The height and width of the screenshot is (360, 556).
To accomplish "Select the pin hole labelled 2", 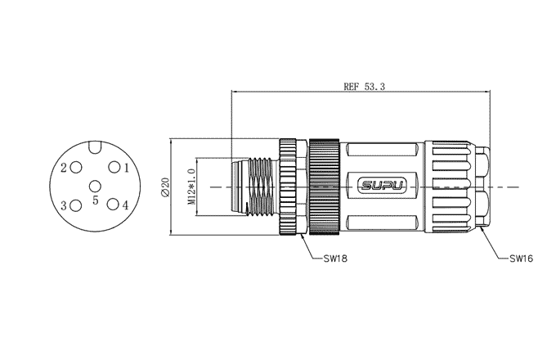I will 76,168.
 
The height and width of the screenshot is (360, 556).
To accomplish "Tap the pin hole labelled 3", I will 76,205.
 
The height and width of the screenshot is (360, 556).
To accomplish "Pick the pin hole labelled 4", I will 114,205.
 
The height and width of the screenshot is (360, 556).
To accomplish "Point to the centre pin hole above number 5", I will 95,187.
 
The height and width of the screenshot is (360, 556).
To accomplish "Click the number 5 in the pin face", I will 96,200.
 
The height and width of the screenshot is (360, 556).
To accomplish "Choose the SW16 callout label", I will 522,259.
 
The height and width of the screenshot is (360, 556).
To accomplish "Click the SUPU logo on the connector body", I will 383,187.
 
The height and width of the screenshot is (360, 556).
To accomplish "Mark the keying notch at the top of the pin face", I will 95,147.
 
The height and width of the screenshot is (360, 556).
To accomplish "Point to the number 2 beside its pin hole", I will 64,168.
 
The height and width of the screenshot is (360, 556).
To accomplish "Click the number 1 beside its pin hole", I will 127,168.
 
